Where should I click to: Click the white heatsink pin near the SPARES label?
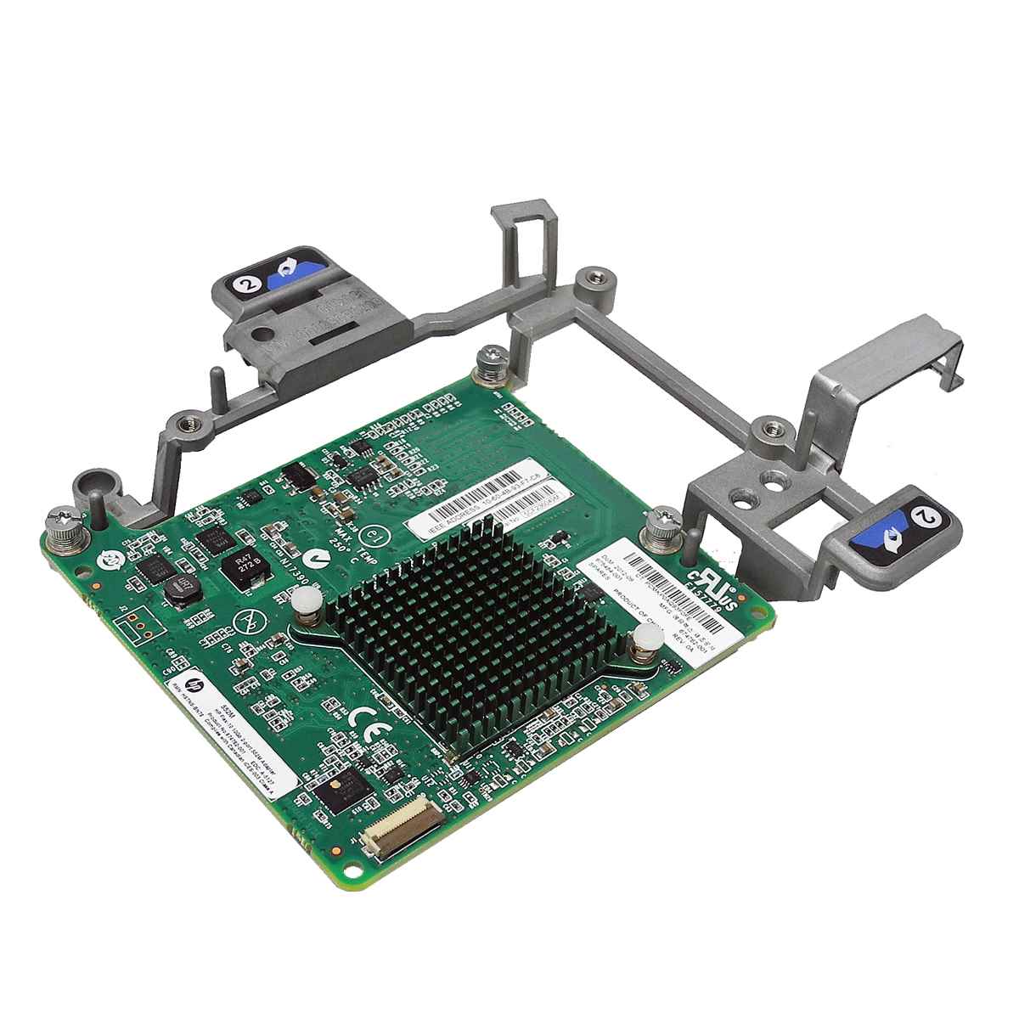(x=644, y=645)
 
